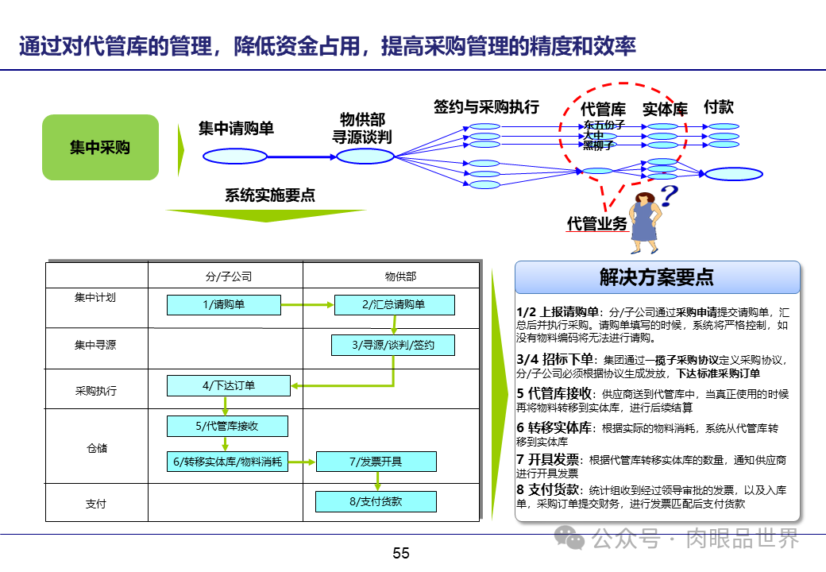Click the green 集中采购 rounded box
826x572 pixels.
[x=100, y=147]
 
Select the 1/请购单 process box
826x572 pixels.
[x=223, y=305]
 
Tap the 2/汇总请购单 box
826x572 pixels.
[x=394, y=305]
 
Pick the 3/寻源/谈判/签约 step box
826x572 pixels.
[x=393, y=345]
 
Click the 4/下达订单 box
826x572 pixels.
[x=228, y=386]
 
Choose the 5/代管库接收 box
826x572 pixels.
[x=227, y=427]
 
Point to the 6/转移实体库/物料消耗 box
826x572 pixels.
[x=227, y=462]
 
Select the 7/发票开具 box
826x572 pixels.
[x=376, y=462]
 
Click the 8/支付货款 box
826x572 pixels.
[x=376, y=501]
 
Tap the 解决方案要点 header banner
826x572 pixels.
[x=657, y=277]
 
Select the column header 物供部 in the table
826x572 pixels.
[x=400, y=276]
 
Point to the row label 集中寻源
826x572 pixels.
[x=95, y=345]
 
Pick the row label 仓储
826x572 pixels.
[x=96, y=448]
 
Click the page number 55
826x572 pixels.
[x=401, y=554]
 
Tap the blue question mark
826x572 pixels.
[x=669, y=195]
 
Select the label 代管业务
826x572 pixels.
[x=596, y=224]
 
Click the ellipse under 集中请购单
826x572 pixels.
[x=235, y=157]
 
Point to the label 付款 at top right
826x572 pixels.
[x=719, y=106]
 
